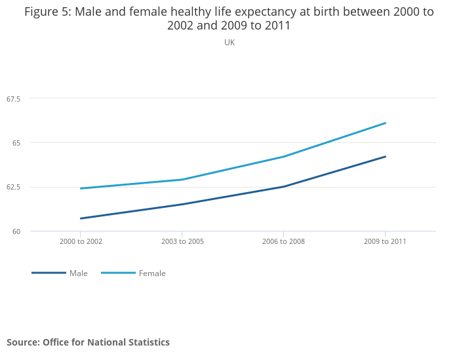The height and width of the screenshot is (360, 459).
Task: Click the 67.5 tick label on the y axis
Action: pos(14,99)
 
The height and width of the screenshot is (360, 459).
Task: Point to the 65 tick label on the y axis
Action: pos(16,143)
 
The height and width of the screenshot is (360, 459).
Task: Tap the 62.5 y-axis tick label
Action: pos(14,188)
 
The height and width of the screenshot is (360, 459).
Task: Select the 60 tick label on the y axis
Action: pos(16,231)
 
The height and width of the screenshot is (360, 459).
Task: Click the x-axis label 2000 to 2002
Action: pos(81,241)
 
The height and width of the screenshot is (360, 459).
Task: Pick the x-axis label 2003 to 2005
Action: pos(182,241)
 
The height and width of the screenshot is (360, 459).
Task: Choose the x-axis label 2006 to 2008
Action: pos(283,241)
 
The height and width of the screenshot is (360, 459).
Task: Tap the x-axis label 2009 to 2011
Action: pos(385,241)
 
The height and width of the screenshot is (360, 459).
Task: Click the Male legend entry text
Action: pos(79,273)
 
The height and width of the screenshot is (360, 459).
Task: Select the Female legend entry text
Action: pos(152,273)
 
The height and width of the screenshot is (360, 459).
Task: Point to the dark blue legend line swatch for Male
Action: pos(49,273)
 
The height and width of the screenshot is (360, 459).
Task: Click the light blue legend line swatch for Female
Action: pos(118,273)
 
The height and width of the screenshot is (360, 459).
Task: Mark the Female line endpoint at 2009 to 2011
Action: pos(386,123)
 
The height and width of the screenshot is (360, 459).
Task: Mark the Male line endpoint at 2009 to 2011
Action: pos(386,157)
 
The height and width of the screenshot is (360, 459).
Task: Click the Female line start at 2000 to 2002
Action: pos(81,188)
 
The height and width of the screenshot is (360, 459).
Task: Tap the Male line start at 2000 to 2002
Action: pos(81,218)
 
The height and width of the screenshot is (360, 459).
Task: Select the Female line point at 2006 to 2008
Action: pos(283,157)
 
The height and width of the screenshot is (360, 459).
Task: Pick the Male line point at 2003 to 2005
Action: pos(182,205)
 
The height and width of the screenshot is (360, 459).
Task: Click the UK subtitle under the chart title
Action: pos(229,43)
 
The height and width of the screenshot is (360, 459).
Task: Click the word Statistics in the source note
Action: pos(144,342)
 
